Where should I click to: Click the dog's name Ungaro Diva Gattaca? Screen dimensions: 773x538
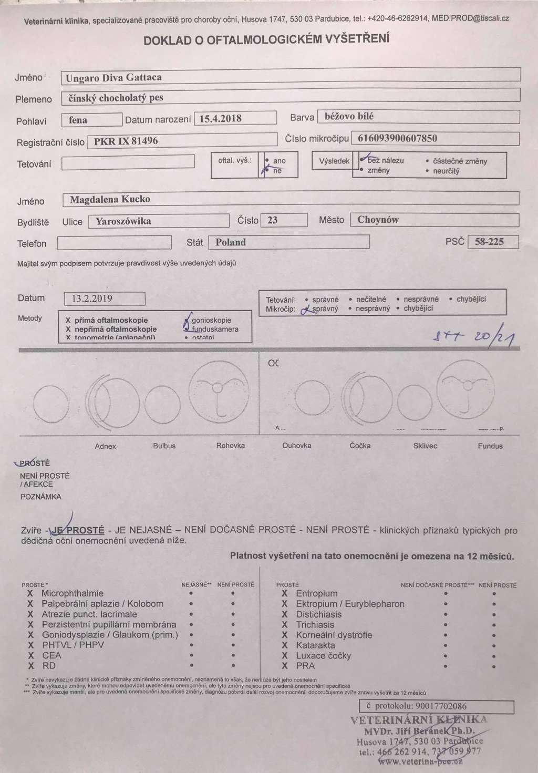tap(113, 78)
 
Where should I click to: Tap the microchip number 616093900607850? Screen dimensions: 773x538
tap(397, 138)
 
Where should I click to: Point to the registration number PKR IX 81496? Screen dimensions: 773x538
tap(126, 141)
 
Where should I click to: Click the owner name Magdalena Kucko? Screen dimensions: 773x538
tap(110, 199)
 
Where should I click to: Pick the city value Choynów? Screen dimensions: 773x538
tap(378, 220)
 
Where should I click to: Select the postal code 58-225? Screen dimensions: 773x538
tap(489, 242)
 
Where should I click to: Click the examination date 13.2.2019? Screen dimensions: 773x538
tap(92, 298)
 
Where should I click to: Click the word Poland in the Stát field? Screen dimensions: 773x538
tap(231, 242)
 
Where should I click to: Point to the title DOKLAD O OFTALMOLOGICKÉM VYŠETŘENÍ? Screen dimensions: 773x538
tap(266, 40)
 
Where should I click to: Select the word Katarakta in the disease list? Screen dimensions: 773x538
tap(315, 645)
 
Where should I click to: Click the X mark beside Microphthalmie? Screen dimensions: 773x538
tap(30, 593)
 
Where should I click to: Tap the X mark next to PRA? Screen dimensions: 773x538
tap(284, 666)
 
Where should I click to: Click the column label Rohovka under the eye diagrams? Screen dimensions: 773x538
tap(230, 446)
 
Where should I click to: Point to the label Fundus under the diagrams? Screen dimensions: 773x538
tap(490, 446)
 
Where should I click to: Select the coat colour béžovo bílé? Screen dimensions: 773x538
tap(349, 116)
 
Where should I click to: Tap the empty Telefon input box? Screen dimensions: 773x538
tap(114, 243)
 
